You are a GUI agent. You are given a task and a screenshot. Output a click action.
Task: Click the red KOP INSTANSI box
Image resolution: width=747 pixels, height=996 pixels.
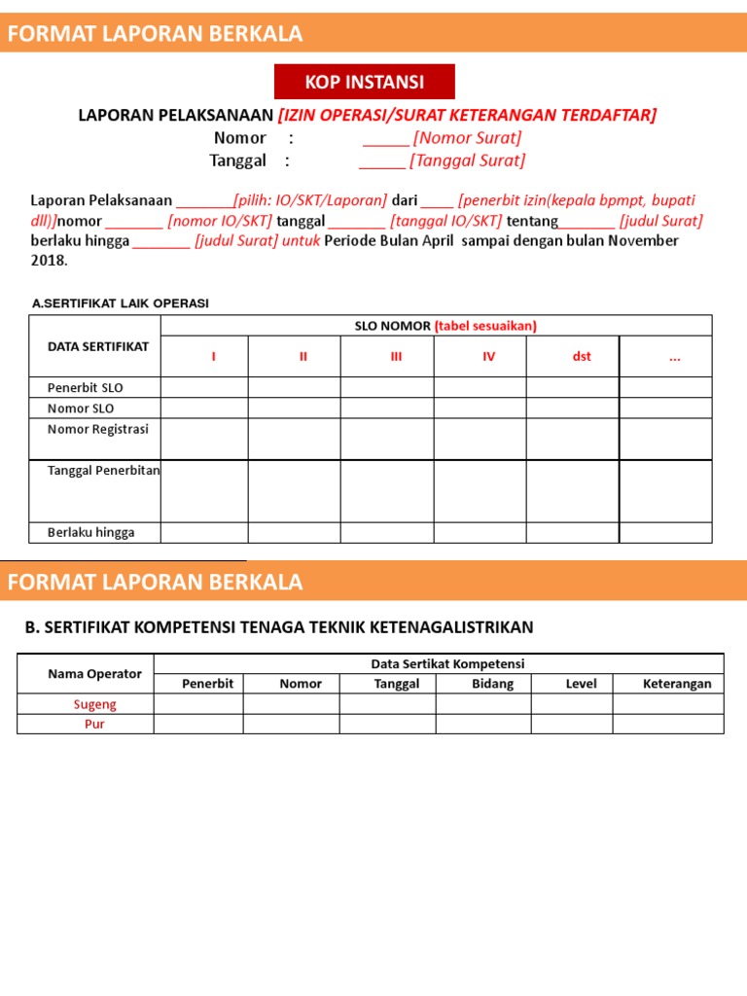pyautogui.click(x=364, y=82)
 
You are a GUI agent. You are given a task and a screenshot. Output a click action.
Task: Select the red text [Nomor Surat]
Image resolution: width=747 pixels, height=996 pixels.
pyautogui.click(x=467, y=137)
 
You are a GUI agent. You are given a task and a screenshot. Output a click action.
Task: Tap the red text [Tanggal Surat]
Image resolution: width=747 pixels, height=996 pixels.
pyautogui.click(x=467, y=160)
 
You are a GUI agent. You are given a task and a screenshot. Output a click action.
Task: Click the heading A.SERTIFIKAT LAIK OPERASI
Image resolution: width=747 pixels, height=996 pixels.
pyautogui.click(x=121, y=303)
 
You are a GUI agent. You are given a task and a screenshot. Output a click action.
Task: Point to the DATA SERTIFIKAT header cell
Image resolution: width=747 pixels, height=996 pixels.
pyautogui.click(x=98, y=346)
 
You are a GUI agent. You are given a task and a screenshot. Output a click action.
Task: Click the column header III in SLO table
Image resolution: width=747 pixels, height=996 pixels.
pyautogui.click(x=396, y=357)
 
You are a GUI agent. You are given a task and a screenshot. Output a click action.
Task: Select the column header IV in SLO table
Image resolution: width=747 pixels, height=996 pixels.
pyautogui.click(x=488, y=357)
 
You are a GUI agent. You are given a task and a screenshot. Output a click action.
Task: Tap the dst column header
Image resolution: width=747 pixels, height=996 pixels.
pyautogui.click(x=582, y=357)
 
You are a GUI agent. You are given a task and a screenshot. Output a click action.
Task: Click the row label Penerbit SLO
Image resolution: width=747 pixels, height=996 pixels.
pyautogui.click(x=86, y=387)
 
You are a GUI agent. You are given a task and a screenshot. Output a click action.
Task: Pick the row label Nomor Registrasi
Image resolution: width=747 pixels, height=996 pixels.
pyautogui.click(x=98, y=429)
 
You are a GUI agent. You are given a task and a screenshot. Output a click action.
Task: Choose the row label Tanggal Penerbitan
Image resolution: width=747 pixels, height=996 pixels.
pyautogui.click(x=104, y=471)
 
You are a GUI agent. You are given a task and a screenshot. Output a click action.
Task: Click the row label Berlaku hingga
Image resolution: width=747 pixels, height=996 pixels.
pyautogui.click(x=91, y=532)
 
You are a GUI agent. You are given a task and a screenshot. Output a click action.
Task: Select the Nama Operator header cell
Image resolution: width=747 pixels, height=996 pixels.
pyautogui.click(x=94, y=674)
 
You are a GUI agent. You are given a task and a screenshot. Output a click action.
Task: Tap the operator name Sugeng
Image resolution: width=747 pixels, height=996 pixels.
pyautogui.click(x=94, y=704)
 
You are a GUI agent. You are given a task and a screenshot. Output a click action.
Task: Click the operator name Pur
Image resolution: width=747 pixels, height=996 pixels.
pyautogui.click(x=94, y=725)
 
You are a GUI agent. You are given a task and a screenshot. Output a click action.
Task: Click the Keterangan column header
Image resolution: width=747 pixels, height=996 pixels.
pyautogui.click(x=677, y=684)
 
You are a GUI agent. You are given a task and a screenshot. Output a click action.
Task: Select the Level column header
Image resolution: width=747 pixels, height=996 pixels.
pyautogui.click(x=581, y=684)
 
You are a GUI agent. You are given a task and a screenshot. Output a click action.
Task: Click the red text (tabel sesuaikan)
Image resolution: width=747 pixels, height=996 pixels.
pyautogui.click(x=485, y=326)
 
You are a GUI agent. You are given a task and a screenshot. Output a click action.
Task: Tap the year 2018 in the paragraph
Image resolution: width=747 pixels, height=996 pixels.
pyautogui.click(x=48, y=261)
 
